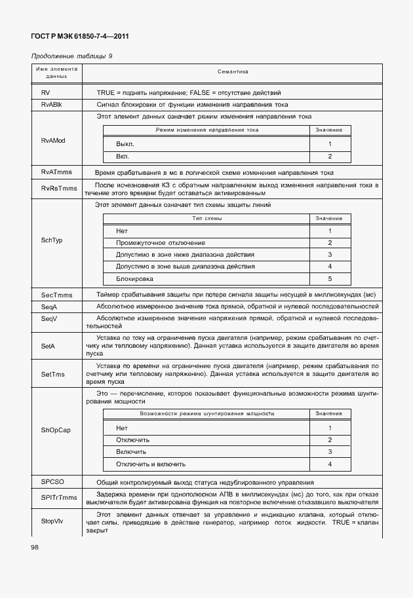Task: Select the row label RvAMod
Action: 52,141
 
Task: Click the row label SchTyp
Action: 52,240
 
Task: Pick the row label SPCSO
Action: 52,482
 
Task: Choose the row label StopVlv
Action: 52,522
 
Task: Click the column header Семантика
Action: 233,72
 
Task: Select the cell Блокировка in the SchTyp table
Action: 134,278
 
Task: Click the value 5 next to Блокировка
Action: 330,278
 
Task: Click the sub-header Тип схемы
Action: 206,217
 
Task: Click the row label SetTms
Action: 52,374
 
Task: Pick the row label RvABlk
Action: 51,104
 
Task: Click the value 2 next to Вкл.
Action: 330,156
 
